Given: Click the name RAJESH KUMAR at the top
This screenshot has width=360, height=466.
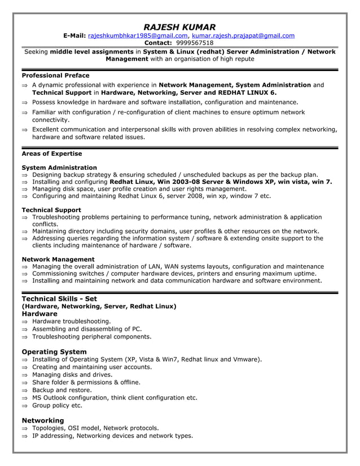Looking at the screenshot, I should pos(179,27).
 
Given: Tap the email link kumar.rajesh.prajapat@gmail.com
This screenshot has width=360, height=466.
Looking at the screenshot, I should pos(243,36).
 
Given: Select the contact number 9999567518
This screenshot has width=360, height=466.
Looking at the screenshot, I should pos(195,43).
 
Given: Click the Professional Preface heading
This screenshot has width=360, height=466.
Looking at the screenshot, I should pos(55,75).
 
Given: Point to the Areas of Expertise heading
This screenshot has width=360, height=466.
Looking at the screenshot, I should pos(51,153).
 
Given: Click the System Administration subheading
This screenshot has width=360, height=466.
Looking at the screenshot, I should pos(59,168).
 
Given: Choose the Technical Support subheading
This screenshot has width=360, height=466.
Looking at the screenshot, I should pos(51,210).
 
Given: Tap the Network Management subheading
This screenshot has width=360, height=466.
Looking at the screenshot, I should pos(58,260).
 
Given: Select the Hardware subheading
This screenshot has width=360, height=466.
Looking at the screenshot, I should pos(39,314).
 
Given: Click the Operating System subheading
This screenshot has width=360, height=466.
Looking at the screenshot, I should pos(54,351).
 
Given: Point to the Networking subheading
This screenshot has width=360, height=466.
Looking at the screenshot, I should pos(43,420).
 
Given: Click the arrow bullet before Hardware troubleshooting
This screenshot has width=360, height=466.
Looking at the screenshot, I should pos(25,322).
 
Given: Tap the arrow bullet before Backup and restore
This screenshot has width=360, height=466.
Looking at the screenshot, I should pos(25,390).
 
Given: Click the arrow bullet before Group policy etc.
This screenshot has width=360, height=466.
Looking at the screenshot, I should pos(25,406).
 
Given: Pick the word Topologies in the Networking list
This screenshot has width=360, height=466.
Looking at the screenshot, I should pos(50,428).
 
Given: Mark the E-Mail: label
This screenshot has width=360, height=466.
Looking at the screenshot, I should pos(74,36).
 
